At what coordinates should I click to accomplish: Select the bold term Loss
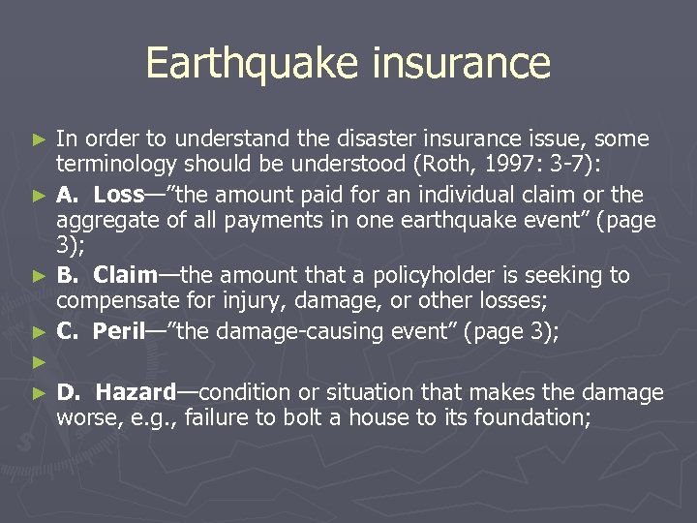pos(118,195)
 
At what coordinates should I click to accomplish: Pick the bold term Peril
pos(118,331)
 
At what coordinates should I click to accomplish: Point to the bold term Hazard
pos(136,392)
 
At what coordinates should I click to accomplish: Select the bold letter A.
pos(66,195)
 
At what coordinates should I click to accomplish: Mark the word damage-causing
pos(328,331)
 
